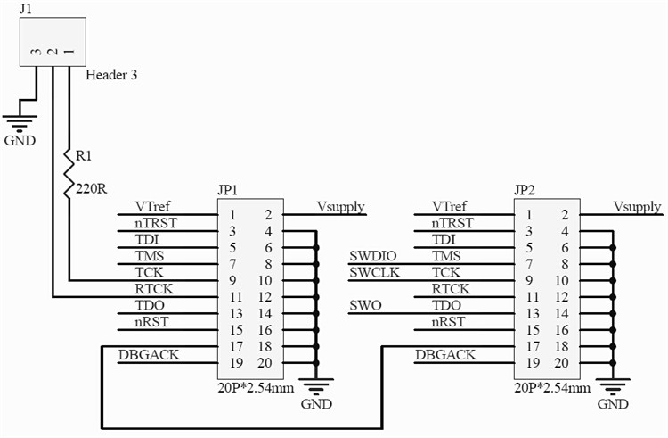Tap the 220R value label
pyautogui.click(x=92, y=188)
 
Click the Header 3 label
pyautogui.click(x=111, y=75)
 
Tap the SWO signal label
pyautogui.click(x=365, y=306)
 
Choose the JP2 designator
pyautogui.click(x=525, y=190)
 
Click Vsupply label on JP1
pyautogui.click(x=340, y=208)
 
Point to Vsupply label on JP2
pyautogui.click(x=637, y=208)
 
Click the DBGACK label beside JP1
pyautogui.click(x=148, y=355)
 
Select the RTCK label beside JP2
pyautogui.click(x=451, y=289)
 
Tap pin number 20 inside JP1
pyautogui.click(x=265, y=363)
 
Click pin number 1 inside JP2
pyautogui.click(x=529, y=215)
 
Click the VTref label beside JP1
pyautogui.click(x=153, y=207)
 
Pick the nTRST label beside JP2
pyautogui.click(x=452, y=224)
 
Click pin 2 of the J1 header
pyautogui.click(x=53, y=53)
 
